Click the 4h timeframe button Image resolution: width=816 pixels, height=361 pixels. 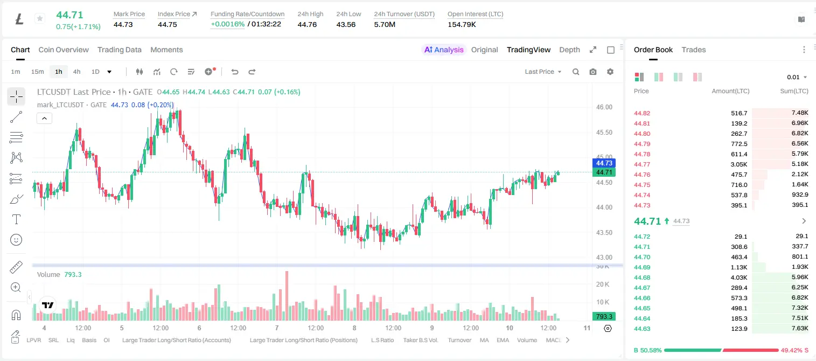(76, 72)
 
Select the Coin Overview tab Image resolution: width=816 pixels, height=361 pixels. (64, 50)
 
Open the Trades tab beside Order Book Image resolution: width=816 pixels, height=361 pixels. (694, 50)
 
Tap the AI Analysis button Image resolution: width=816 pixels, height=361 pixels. (444, 50)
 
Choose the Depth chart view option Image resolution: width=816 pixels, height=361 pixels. (569, 50)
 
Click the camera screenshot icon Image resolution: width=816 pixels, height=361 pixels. (593, 72)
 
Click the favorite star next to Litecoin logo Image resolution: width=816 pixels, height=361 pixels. (40, 18)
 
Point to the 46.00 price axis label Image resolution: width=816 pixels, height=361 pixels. (604, 107)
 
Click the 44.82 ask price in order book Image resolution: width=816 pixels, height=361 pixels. (642, 113)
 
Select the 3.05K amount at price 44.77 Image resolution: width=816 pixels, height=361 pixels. (739, 164)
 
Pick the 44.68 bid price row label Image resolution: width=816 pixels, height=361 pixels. (642, 277)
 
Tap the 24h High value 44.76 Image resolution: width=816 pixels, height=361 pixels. (307, 24)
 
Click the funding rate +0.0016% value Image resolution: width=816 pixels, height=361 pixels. (228, 24)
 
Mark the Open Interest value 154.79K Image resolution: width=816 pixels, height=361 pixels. (462, 24)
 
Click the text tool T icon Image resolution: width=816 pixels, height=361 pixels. (16, 219)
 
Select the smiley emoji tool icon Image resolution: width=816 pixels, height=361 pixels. (16, 240)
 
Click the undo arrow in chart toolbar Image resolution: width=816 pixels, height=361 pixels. (235, 72)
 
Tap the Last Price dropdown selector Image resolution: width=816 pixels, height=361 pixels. (543, 72)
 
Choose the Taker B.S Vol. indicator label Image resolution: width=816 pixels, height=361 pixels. (420, 340)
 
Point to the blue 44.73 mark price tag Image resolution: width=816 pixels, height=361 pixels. (604, 163)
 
